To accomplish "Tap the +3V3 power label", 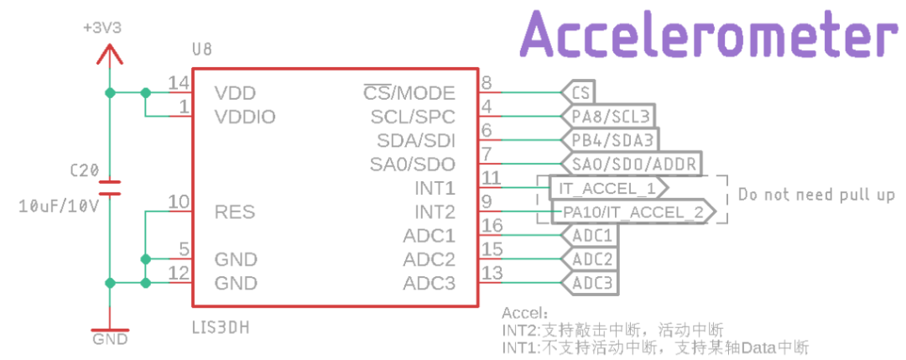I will click(102, 28).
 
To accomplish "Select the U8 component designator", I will click(201, 50).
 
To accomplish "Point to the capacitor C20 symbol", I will click(108, 186).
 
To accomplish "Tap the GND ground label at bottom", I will click(110, 339).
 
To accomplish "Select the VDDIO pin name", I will click(245, 117).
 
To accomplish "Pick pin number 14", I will click(178, 83).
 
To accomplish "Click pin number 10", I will click(178, 201).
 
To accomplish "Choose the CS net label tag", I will click(579, 91).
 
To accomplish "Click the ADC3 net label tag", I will click(591, 283).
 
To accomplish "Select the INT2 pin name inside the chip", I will click(435, 211).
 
